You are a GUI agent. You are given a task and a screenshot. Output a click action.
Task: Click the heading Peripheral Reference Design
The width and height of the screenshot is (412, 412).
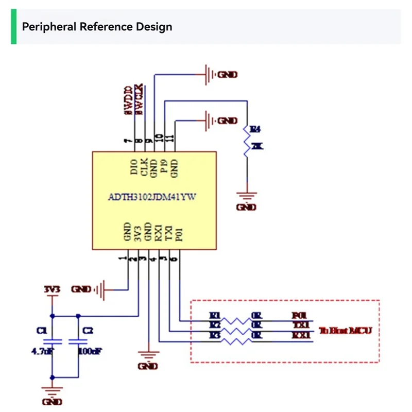[x=97, y=27]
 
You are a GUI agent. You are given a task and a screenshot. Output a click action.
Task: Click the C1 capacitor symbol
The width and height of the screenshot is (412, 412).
[x=51, y=341]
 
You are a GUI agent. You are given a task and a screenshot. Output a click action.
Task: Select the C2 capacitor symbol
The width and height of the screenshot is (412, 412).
[x=78, y=341]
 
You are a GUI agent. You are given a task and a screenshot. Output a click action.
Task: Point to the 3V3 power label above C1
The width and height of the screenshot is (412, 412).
[x=52, y=289]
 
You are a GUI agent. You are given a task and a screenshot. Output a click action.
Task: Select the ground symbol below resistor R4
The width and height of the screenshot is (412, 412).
[x=247, y=196]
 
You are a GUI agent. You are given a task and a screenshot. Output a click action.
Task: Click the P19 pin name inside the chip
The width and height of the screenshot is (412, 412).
[x=164, y=166]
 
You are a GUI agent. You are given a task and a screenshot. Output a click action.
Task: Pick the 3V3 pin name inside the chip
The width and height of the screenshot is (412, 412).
[x=137, y=233]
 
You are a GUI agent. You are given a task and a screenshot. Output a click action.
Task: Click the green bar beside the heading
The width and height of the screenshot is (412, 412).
[x=13, y=27]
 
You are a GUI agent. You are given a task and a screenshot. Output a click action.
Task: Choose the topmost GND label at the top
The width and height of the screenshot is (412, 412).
[x=227, y=75]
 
